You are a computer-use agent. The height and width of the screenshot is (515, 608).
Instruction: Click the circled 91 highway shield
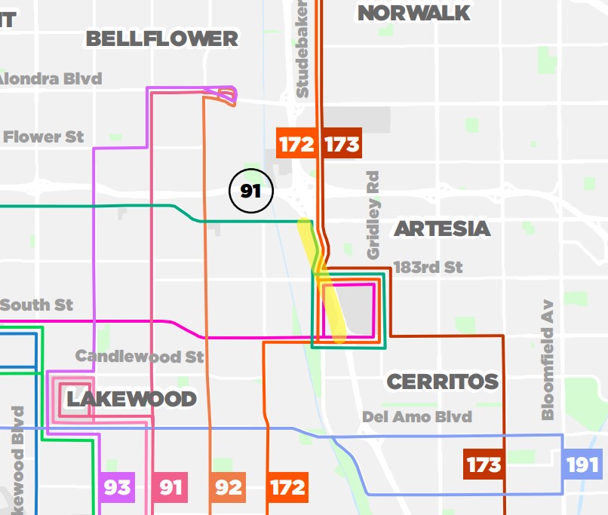click(x=250, y=191)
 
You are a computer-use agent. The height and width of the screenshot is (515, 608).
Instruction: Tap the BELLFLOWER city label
click(x=161, y=38)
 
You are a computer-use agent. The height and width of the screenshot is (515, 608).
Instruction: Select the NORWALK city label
click(x=413, y=13)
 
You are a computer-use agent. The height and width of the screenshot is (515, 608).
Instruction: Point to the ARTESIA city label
click(x=441, y=228)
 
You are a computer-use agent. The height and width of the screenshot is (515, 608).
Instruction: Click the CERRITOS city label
click(x=443, y=382)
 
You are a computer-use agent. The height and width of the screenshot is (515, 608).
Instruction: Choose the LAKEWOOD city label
click(x=131, y=398)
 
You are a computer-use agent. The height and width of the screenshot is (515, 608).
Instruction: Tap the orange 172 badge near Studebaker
click(x=296, y=143)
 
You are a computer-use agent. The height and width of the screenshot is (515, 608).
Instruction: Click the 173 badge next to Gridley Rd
click(x=342, y=143)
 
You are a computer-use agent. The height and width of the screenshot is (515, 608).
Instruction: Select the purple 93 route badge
click(x=117, y=487)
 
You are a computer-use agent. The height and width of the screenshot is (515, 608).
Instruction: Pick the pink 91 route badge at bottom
click(x=170, y=487)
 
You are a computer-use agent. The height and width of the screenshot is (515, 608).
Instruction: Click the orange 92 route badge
click(x=228, y=487)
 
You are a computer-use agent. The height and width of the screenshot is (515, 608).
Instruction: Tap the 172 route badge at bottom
click(x=287, y=487)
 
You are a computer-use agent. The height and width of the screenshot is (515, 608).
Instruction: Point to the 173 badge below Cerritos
click(x=483, y=464)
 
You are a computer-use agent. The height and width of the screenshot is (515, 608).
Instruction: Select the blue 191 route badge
click(x=582, y=464)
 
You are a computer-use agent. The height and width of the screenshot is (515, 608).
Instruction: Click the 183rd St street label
click(x=428, y=268)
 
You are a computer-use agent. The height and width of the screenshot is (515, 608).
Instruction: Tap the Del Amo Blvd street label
click(x=416, y=417)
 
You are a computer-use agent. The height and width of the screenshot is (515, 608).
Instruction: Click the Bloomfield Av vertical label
click(x=548, y=360)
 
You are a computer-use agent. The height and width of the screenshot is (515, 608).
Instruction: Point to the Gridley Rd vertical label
click(x=373, y=215)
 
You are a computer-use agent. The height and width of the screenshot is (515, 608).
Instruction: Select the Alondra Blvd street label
click(x=50, y=78)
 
